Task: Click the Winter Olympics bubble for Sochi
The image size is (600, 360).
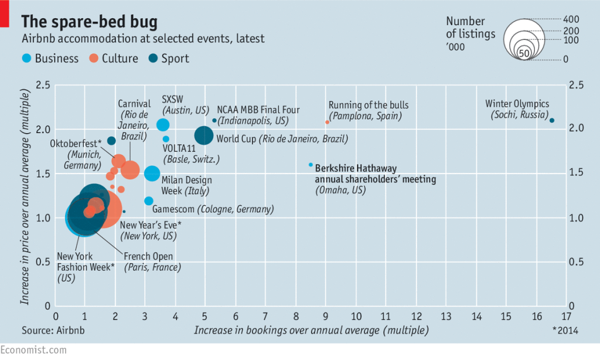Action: coord(552,121)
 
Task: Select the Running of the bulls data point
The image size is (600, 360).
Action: coord(327,122)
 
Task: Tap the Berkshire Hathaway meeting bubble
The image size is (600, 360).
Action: coord(311,165)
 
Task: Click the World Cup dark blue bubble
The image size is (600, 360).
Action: coord(204,135)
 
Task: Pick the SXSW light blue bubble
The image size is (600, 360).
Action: coord(163,124)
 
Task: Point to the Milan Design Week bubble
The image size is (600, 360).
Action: coord(152,173)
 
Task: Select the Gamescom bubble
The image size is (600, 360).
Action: coord(149,201)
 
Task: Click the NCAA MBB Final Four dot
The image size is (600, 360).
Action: coord(214,120)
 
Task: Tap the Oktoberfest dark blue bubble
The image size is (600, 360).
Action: coord(111,141)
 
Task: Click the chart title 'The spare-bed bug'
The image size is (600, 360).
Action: coord(89,22)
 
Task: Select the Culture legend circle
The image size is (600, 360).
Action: coord(93,58)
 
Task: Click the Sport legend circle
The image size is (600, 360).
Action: coord(153,58)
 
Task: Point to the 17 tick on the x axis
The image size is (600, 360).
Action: coord(567,317)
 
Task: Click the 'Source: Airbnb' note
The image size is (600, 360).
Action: coord(53,330)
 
